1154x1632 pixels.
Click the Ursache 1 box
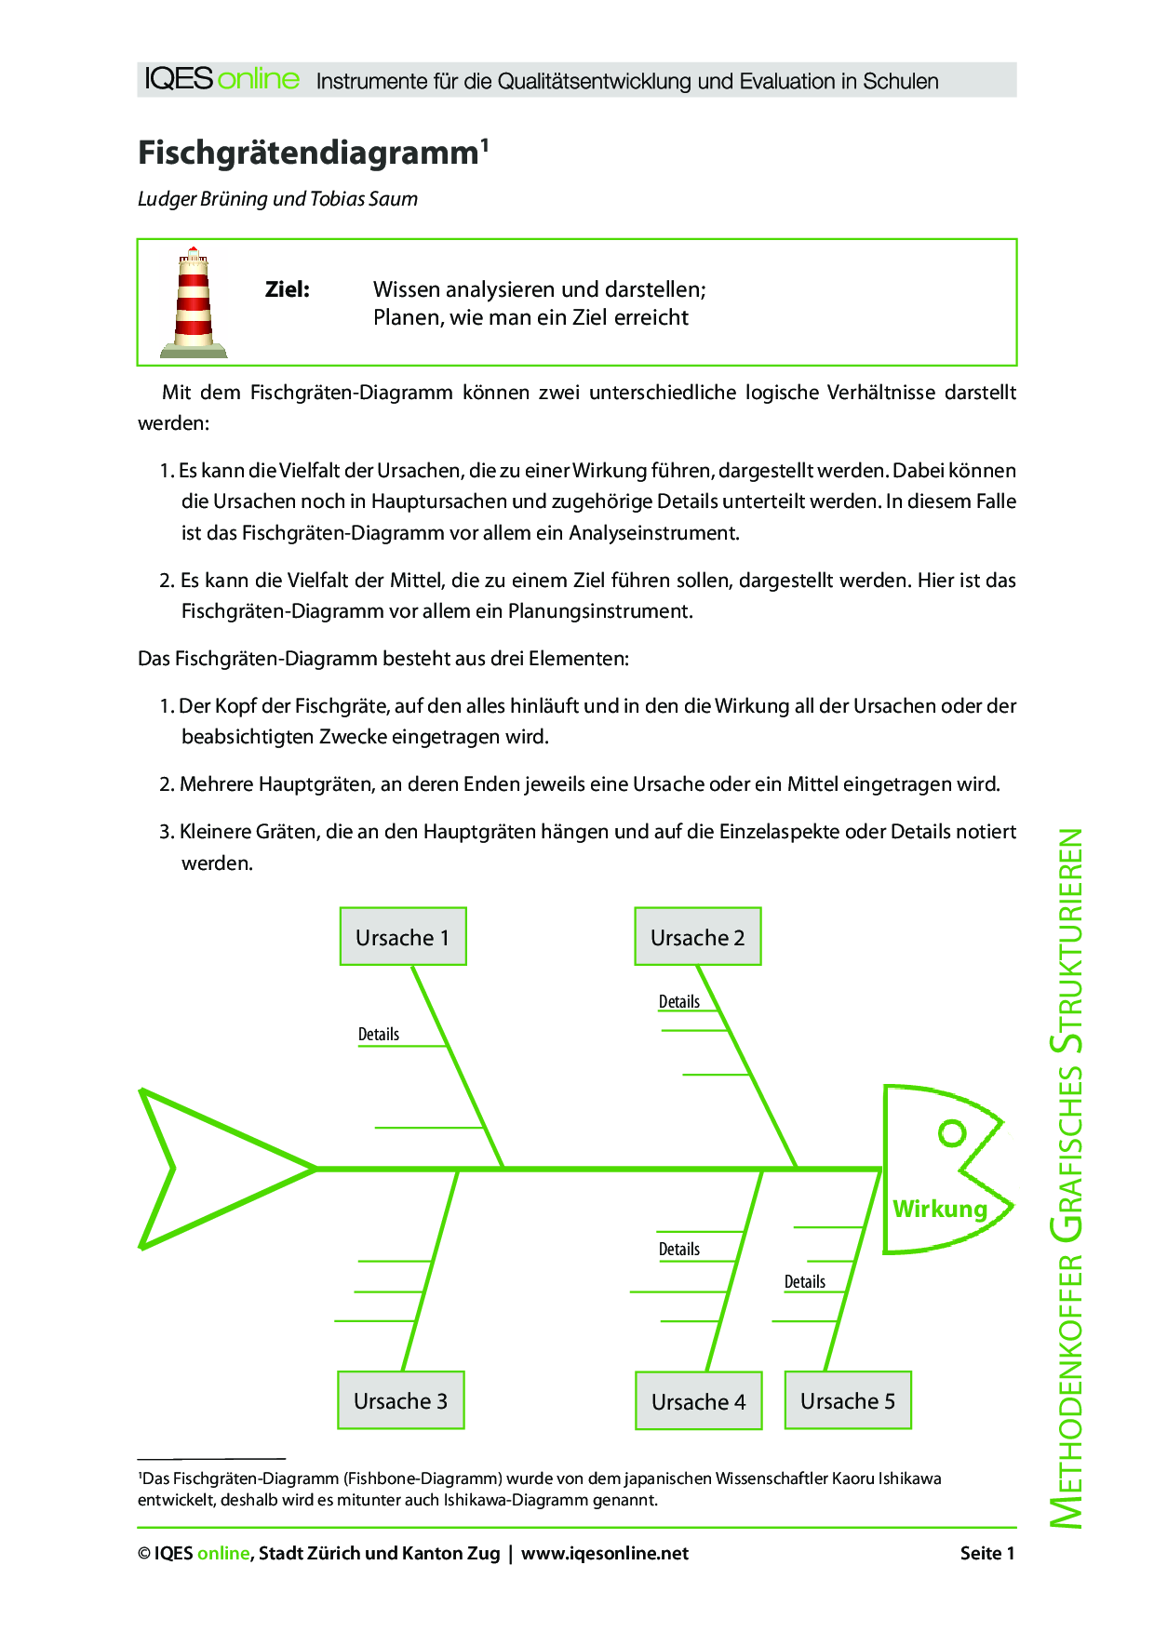[x=402, y=937]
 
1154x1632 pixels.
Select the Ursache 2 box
[x=697, y=937]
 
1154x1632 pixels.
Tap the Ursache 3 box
[x=400, y=1400]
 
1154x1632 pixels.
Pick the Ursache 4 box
[x=698, y=1401]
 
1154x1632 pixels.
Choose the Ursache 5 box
[x=847, y=1400]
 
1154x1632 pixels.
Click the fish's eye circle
[x=952, y=1133]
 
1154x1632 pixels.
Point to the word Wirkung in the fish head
[x=939, y=1209]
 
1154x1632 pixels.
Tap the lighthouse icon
[x=194, y=302]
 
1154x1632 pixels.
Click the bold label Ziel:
[x=288, y=289]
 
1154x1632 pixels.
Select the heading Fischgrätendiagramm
[x=308, y=153]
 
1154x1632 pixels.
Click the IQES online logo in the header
[x=221, y=79]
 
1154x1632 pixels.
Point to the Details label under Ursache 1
[x=378, y=1035]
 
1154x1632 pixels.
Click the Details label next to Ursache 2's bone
[x=678, y=1002]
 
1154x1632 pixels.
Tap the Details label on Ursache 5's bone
[x=804, y=1282]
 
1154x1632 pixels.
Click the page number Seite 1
[x=986, y=1553]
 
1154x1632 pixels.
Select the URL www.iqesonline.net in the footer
[x=605, y=1553]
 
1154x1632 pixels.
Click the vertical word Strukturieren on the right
[x=1067, y=941]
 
